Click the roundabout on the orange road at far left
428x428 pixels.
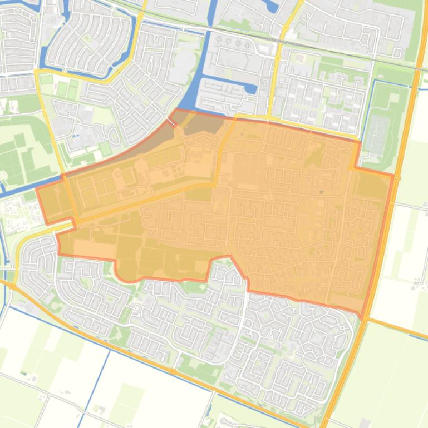(11, 286)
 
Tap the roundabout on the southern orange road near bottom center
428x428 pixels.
(173, 371)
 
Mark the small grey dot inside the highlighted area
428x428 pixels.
(321, 192)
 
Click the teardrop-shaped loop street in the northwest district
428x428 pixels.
(115, 135)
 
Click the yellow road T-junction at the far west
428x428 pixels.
(37, 72)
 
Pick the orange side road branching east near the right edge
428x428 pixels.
(401, 328)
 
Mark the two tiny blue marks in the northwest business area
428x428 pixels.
(75, 135)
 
